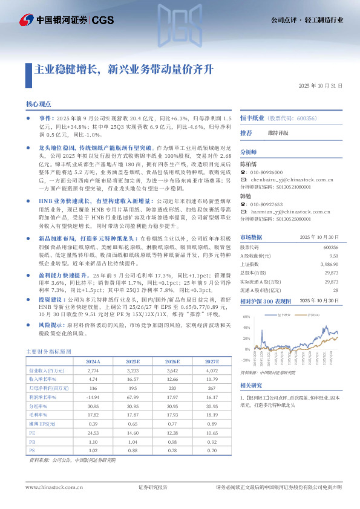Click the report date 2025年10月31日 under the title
click(x=321, y=86)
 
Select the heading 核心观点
click(x=39, y=104)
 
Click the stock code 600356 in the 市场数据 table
click(x=330, y=247)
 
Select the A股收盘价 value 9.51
click(x=333, y=256)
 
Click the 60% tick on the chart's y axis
click(x=246, y=316)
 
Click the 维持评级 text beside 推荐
click(x=278, y=132)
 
